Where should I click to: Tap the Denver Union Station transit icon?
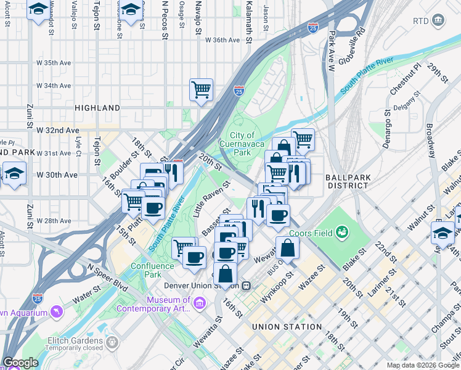click(x=246, y=286)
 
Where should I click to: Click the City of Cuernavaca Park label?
click(x=242, y=143)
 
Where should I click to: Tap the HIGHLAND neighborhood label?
click(x=97, y=108)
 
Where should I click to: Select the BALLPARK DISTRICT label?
click(x=349, y=181)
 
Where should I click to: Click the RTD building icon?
click(x=438, y=21)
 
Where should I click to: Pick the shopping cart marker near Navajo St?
click(x=201, y=89)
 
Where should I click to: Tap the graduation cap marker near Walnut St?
click(x=443, y=233)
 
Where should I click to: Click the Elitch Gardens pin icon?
click(x=112, y=342)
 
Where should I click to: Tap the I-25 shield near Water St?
click(x=38, y=298)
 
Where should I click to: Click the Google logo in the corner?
click(x=20, y=363)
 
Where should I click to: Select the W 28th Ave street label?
click(x=58, y=221)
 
